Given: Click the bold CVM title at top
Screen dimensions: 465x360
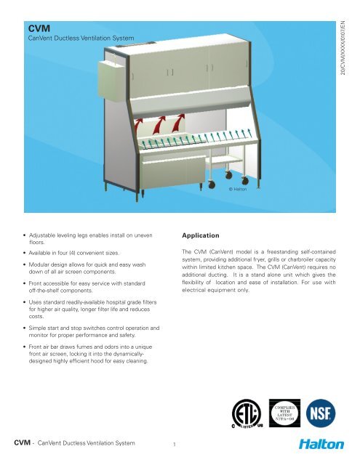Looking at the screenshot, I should pos(36,27).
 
